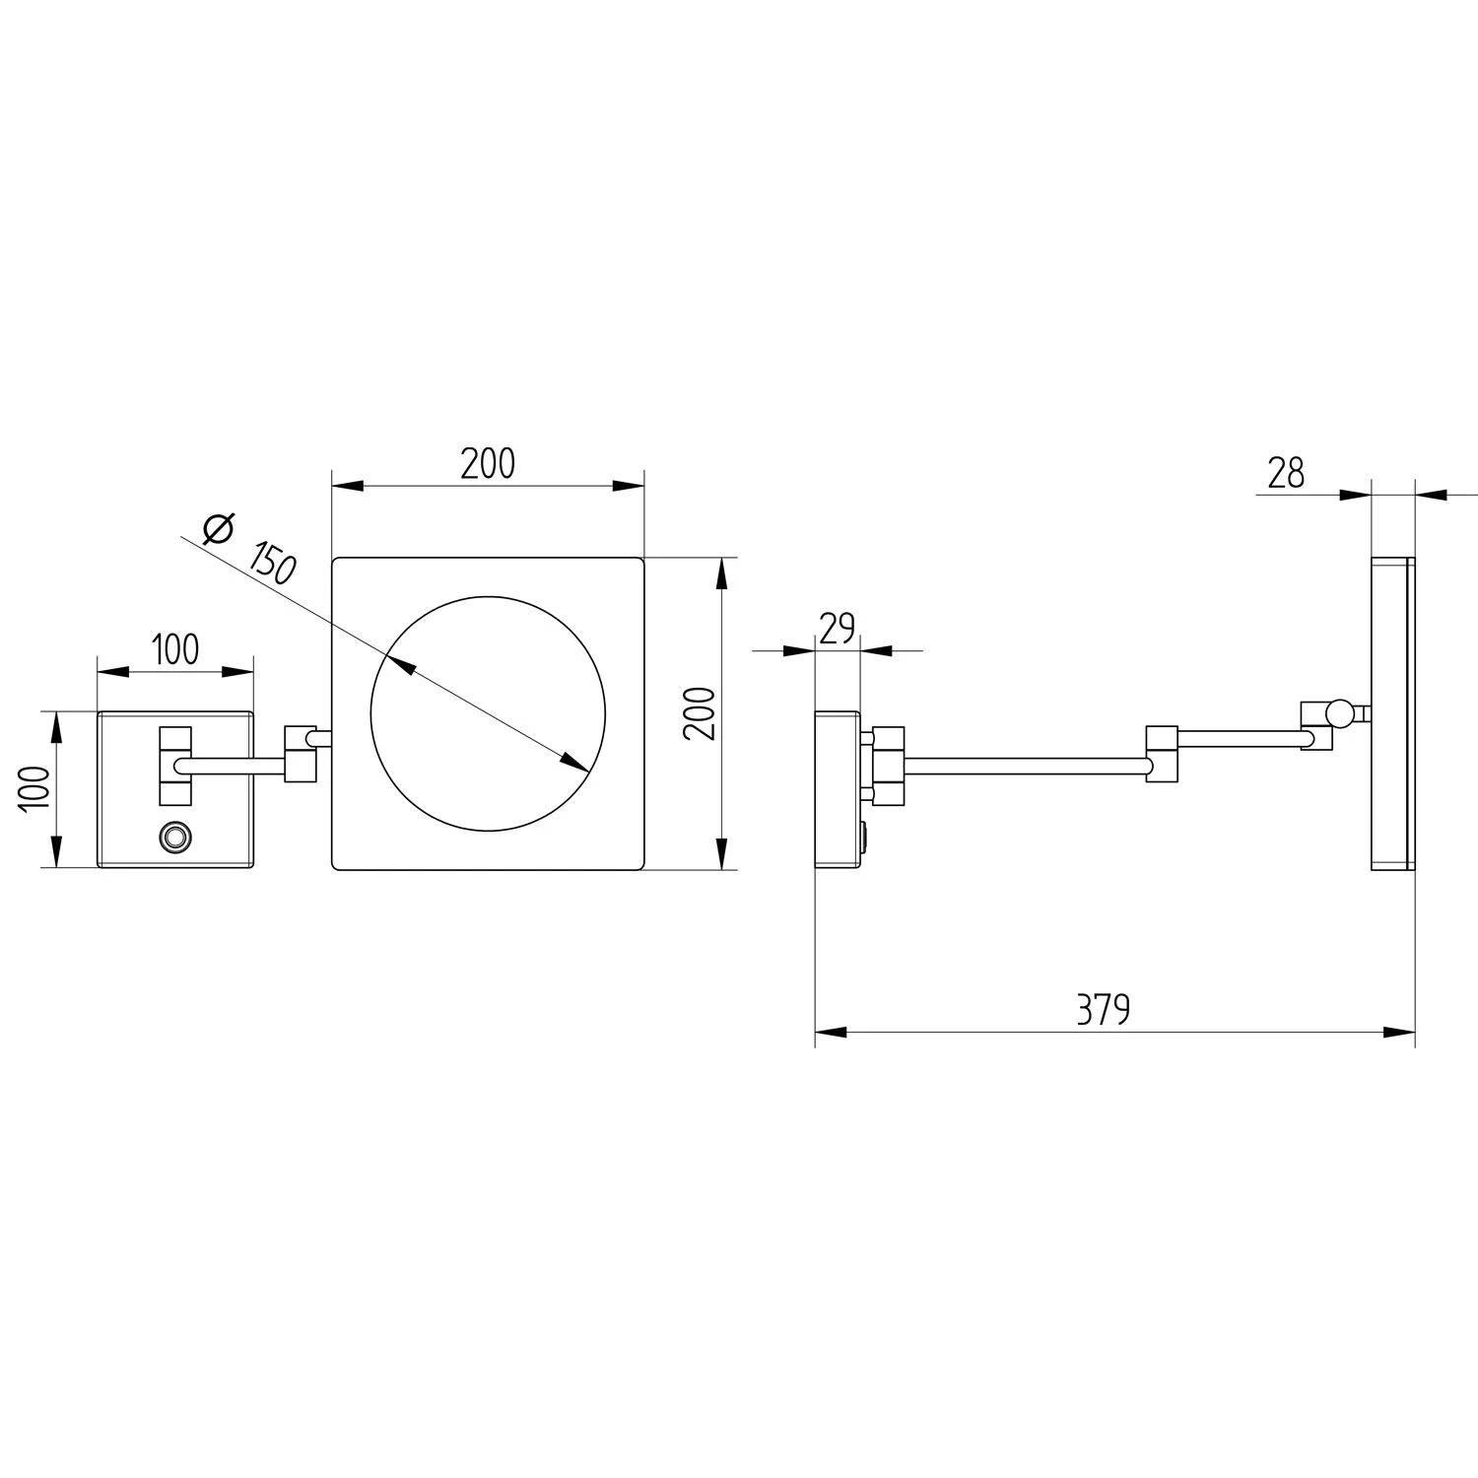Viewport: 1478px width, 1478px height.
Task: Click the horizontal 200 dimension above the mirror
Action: [x=488, y=462]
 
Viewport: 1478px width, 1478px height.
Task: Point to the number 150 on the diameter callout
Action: [x=271, y=564]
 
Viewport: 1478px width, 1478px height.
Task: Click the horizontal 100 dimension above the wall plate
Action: [x=175, y=649]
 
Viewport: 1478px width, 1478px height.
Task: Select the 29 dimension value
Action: [x=837, y=628]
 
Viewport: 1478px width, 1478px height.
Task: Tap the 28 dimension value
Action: [x=1286, y=474]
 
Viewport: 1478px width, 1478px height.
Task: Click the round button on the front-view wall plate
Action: [x=175, y=837]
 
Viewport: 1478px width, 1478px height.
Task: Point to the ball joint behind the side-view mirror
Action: [x=1339, y=712]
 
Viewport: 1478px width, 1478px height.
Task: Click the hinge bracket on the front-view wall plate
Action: [x=174, y=766]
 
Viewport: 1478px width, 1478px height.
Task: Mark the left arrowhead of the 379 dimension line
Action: [x=831, y=1033]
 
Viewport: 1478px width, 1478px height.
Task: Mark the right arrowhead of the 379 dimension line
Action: [x=1400, y=1033]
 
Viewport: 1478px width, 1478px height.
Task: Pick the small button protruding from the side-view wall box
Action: [x=864, y=839]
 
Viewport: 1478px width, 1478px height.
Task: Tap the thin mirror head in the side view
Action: [x=1392, y=714]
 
